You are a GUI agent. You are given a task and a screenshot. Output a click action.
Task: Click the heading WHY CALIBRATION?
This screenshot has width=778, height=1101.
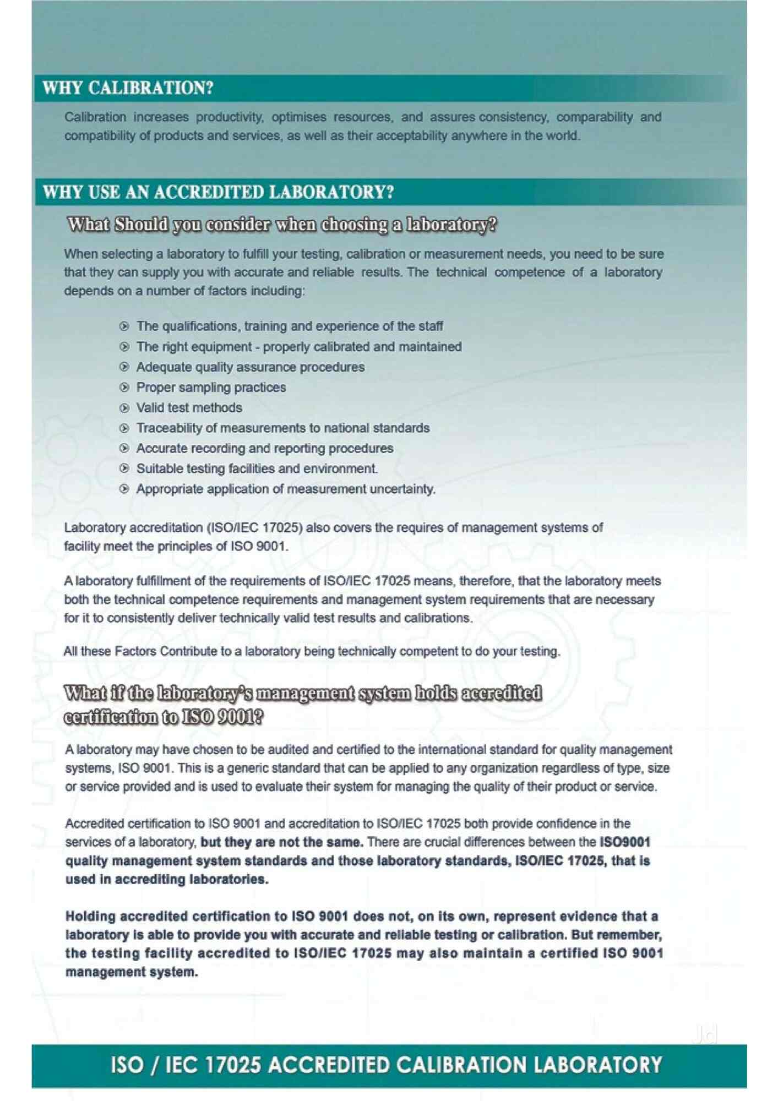[128, 88]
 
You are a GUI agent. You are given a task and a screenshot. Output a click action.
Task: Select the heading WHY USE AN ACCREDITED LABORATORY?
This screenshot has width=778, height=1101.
[218, 192]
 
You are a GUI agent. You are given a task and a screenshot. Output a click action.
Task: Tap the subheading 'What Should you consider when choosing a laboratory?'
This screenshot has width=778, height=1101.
[282, 225]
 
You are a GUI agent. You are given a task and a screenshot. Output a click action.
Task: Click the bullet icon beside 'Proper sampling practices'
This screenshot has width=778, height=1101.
[124, 388]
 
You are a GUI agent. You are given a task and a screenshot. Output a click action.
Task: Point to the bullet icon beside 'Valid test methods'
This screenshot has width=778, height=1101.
[124, 408]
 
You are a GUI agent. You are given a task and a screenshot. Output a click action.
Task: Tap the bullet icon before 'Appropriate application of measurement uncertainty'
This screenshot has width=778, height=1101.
[124, 489]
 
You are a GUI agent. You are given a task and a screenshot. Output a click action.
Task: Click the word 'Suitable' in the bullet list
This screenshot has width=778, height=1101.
[156, 469]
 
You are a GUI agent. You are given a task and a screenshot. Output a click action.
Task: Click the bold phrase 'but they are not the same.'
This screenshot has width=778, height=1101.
[281, 842]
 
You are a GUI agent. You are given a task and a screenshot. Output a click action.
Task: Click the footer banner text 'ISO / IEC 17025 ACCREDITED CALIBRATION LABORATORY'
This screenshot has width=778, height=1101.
[386, 1065]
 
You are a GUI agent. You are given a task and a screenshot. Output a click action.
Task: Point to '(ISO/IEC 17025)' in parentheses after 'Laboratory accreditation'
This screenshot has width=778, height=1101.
[254, 528]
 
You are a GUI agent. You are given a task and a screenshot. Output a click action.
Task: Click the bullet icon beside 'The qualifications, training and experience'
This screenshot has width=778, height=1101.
[124, 326]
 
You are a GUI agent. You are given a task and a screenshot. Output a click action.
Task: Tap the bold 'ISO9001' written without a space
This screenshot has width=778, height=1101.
[625, 842]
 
